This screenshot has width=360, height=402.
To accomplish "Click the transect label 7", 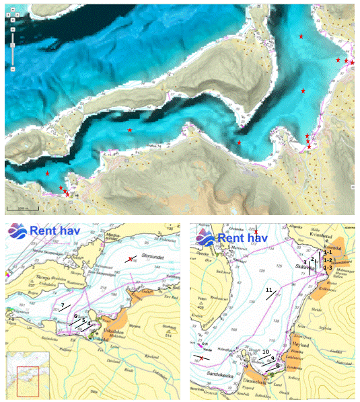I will [x=62, y=305].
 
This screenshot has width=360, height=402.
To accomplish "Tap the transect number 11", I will [x=268, y=290].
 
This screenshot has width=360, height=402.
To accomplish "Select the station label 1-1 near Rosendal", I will [x=328, y=251].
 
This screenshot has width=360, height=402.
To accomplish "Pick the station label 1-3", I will [x=328, y=268].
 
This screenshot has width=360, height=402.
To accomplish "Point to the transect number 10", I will [x=266, y=351].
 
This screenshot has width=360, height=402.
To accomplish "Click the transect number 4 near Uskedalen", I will [x=89, y=323].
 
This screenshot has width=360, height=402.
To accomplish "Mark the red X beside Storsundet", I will [x=131, y=259].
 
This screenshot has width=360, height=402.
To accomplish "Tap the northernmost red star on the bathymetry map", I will [x=301, y=36].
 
